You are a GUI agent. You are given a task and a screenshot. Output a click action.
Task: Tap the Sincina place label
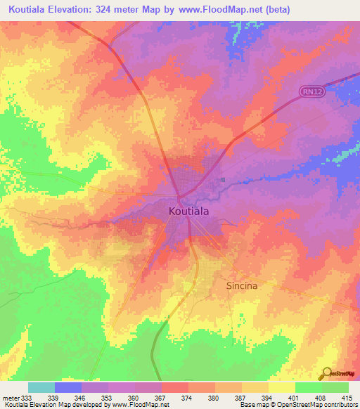pos(242,286)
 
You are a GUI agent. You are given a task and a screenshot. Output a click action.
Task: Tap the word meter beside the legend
pos(11,397)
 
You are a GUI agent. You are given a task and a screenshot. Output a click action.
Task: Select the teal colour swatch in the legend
pos(41,387)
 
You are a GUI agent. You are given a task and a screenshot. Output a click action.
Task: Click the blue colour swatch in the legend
pos(67,387)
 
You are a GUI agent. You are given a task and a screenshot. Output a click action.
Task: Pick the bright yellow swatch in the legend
pos(281,387)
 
